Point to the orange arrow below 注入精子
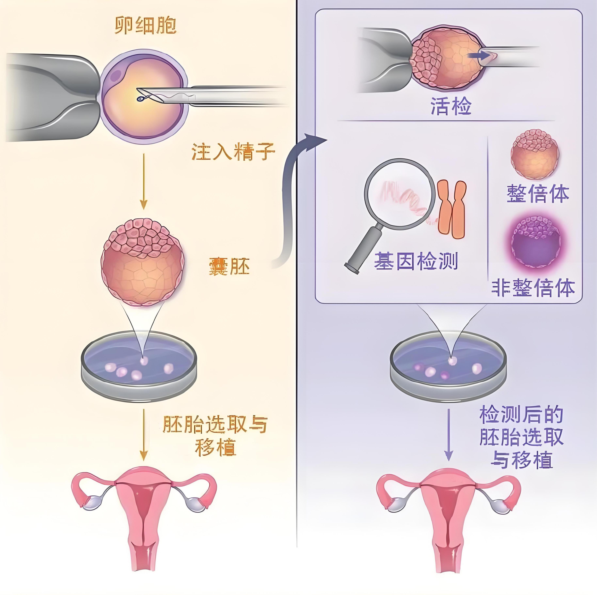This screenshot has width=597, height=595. pyautogui.click(x=143, y=183)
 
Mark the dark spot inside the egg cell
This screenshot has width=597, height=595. pyautogui.click(x=117, y=75)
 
